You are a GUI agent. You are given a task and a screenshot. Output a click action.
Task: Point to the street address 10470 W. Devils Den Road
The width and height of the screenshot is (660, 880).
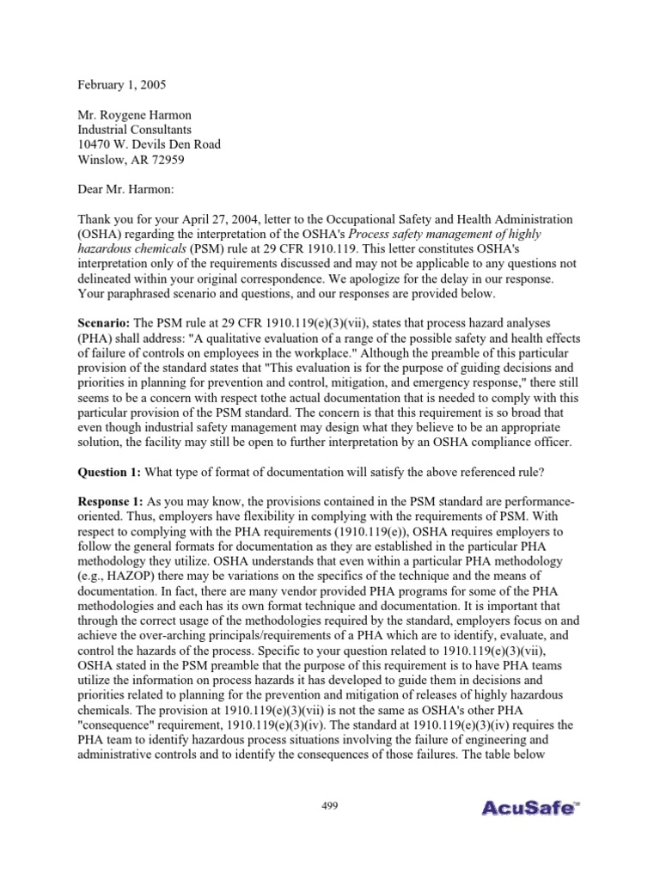coord(149,144)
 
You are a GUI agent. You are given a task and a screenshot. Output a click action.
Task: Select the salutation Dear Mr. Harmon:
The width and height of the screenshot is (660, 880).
coord(131,189)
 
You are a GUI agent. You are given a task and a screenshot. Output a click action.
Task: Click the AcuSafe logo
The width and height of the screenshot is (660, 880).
coord(527,832)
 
